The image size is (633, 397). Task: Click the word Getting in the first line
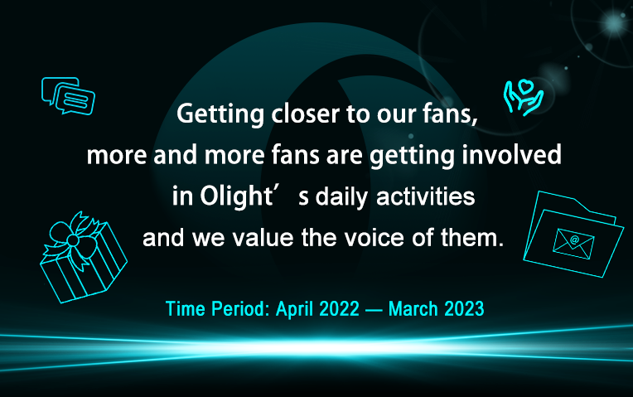[220, 114]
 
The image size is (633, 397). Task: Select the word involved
[511, 154]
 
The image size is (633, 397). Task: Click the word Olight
[237, 196]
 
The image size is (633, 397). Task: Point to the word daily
[341, 197]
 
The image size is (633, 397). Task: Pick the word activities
[426, 196]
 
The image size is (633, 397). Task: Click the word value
[263, 238]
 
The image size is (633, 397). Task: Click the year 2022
[339, 309]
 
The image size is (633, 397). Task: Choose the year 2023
[464, 309]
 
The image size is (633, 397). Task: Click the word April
[295, 310]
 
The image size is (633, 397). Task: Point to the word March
[413, 309]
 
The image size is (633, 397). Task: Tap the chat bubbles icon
[68, 95]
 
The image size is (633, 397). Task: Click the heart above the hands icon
[524, 86]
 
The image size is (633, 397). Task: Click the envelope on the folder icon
[573, 244]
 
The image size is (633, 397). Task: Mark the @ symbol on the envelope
[574, 240]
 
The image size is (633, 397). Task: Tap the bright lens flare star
[614, 22]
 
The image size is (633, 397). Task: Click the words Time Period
[218, 309]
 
